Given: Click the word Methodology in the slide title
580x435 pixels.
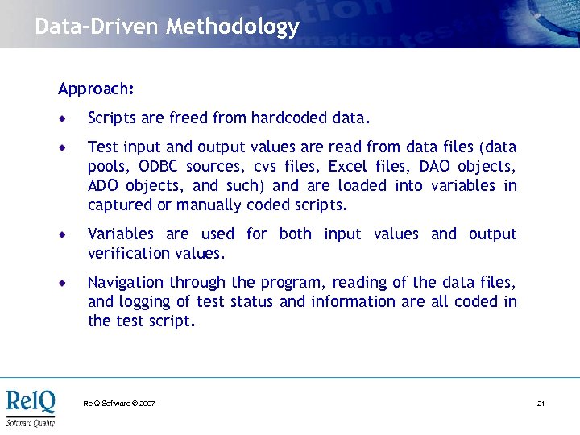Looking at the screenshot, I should tap(233, 27).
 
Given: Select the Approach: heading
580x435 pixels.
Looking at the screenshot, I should tap(96, 88).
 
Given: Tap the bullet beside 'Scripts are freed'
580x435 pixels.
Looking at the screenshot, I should tap(63, 118).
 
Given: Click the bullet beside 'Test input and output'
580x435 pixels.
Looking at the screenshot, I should tap(63, 147).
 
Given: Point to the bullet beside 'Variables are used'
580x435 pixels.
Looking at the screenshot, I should tap(63, 234).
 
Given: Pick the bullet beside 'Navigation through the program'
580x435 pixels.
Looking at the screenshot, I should tap(63, 283).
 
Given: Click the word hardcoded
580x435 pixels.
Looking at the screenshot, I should tap(288, 118).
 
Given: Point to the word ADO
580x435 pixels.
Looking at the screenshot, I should tap(103, 186).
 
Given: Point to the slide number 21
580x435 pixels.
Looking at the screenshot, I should tap(541, 403).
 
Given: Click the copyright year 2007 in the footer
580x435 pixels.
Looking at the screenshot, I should tap(147, 403).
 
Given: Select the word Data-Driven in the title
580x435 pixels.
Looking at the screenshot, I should tap(97, 27).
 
